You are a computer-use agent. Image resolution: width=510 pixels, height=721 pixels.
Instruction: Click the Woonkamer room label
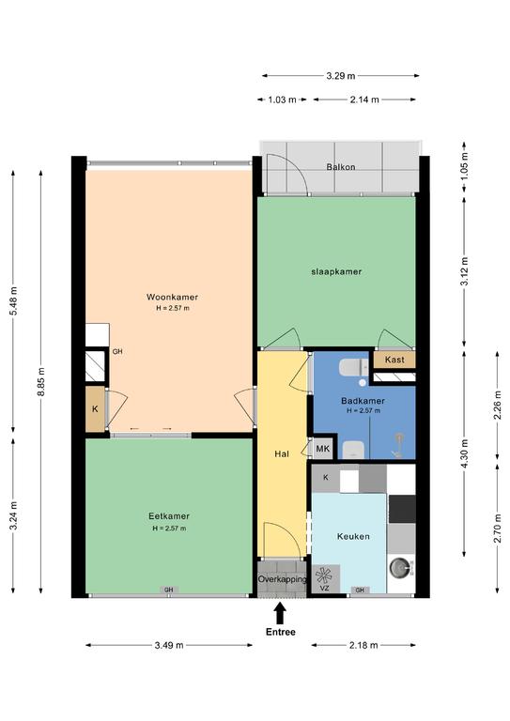point(172,297)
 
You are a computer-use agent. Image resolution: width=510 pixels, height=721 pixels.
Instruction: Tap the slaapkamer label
point(336,271)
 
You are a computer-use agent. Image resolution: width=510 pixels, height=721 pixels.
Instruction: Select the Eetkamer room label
point(169,516)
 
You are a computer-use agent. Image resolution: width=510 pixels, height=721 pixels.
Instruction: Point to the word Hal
point(282,453)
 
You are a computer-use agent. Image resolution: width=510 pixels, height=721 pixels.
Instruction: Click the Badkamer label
point(363,401)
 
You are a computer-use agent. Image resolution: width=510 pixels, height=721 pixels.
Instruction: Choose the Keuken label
point(353,536)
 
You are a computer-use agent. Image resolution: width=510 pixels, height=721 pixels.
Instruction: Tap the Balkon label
point(341,167)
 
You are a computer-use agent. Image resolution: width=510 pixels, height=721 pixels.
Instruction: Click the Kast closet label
point(394,360)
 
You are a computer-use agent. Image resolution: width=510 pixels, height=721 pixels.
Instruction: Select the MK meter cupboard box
point(323,449)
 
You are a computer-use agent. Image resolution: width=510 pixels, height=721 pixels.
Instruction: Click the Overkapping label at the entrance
point(282,579)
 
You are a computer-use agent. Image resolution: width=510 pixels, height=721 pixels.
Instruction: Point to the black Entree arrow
point(281,613)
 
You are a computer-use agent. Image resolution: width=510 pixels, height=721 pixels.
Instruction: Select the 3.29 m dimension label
point(341,76)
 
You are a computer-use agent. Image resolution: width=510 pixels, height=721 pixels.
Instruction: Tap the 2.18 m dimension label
point(363,645)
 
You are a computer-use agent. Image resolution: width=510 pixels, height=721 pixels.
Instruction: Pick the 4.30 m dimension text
point(464,453)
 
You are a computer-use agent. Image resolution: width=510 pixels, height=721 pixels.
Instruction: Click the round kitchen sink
point(398,568)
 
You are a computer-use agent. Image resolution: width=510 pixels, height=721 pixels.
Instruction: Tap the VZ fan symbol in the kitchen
point(324,575)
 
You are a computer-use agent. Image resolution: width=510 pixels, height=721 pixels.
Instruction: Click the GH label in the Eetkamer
point(169,590)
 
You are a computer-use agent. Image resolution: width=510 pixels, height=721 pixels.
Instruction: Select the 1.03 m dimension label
point(282,100)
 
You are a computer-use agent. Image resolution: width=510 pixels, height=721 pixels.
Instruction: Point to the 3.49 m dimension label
point(169,645)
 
